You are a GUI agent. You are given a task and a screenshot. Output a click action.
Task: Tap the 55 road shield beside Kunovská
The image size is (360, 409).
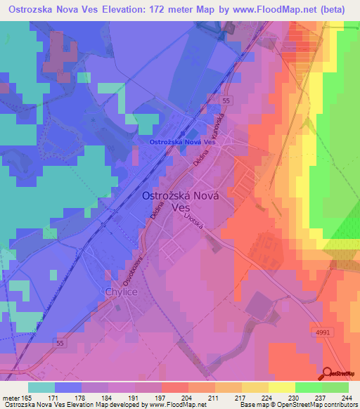pyautogui.click(x=225, y=101)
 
